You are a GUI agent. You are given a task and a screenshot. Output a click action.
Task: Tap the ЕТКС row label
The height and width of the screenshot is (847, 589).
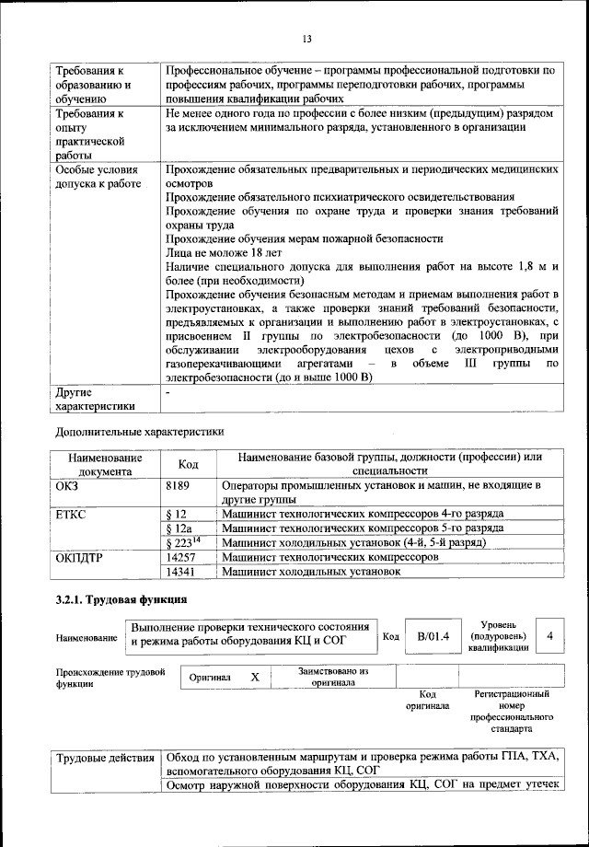pyautogui.click(x=71, y=513)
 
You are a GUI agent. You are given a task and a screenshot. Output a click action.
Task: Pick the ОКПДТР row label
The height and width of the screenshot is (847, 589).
pyautogui.click(x=78, y=557)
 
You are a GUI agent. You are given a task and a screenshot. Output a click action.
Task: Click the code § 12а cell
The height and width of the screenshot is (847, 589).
pyautogui.click(x=179, y=528)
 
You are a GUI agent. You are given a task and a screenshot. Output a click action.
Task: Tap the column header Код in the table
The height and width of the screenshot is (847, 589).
pyautogui.click(x=188, y=463)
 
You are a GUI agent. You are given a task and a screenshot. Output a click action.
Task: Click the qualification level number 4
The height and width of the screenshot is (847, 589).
pyautogui.click(x=549, y=635)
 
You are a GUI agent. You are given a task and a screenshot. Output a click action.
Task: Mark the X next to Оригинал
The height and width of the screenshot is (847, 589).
pyautogui.click(x=256, y=677)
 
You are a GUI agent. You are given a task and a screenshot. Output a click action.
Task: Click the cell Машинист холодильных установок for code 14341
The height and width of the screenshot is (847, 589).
pyautogui.click(x=312, y=572)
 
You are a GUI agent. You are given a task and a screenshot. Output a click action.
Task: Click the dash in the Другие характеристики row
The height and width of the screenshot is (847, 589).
pyautogui.click(x=167, y=392)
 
